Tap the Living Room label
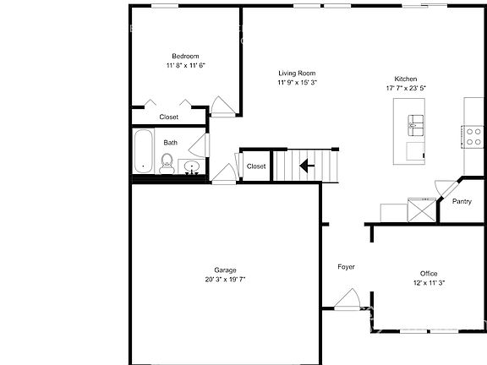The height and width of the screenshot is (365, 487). tap(297, 74)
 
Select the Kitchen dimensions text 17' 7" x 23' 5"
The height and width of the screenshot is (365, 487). tap(407, 88)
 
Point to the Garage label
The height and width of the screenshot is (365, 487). tap(225, 270)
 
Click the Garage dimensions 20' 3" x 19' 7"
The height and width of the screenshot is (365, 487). tap(225, 280)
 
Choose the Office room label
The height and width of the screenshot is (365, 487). tap(429, 273)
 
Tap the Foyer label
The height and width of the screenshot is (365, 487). tap(346, 267)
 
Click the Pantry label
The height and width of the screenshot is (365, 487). tap(462, 202)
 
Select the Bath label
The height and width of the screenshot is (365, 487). tap(171, 143)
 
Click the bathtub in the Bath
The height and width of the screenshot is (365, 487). tap(144, 152)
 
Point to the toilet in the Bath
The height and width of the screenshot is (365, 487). tap(167, 162)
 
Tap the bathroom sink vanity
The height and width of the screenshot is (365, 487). tap(192, 166)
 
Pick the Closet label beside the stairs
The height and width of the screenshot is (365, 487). tap(256, 166)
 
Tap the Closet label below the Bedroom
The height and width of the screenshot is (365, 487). tap(169, 117)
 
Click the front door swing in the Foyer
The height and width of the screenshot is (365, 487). tap(347, 297)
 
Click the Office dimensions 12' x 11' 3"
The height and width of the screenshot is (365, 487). tap(429, 283)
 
